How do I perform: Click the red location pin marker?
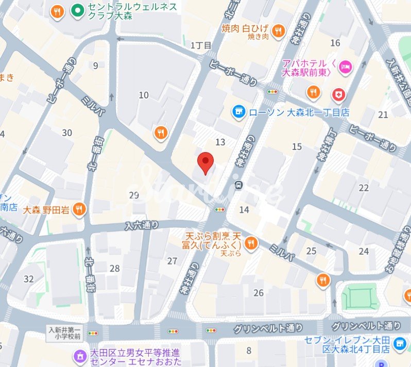(x=206, y=163)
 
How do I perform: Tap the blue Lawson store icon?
(x=238, y=111)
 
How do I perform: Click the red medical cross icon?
(x=338, y=94)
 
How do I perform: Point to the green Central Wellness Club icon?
(x=77, y=9)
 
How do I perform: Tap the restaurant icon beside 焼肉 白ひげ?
(x=279, y=31)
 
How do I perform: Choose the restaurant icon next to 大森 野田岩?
(x=79, y=209)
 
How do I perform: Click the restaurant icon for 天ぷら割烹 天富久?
(x=251, y=243)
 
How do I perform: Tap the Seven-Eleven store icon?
(x=398, y=344)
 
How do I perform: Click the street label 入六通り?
(x=142, y=225)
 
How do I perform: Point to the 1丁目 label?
(x=201, y=45)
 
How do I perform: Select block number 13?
(x=220, y=142)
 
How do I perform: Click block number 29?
(x=134, y=195)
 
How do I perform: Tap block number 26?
(x=259, y=293)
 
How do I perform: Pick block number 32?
(x=29, y=279)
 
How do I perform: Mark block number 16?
(x=335, y=43)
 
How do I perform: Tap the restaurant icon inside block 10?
(x=161, y=134)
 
